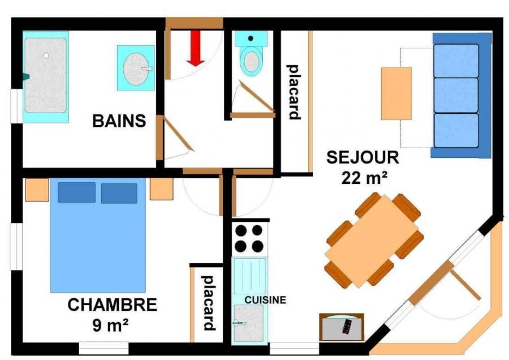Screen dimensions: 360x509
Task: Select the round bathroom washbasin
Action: click(136, 68)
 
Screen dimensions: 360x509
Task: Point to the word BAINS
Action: click(119, 121)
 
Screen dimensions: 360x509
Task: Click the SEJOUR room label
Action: click(363, 157)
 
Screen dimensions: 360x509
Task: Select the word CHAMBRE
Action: click(112, 305)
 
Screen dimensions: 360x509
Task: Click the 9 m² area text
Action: click(110, 325)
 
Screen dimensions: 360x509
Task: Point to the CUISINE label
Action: click(265, 299)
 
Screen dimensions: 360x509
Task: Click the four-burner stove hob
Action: click(249, 238)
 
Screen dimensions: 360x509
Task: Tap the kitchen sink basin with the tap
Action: click(249, 323)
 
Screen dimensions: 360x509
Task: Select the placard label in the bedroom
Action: click(208, 303)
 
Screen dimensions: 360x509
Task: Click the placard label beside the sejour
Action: click(294, 92)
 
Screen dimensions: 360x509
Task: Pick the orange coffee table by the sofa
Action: click(396, 93)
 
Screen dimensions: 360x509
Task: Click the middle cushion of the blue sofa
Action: click(456, 95)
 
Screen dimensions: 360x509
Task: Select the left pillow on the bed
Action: click(76, 192)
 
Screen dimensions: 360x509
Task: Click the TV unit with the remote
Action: click(342, 327)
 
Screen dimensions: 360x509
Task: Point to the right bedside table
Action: click(161, 189)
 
